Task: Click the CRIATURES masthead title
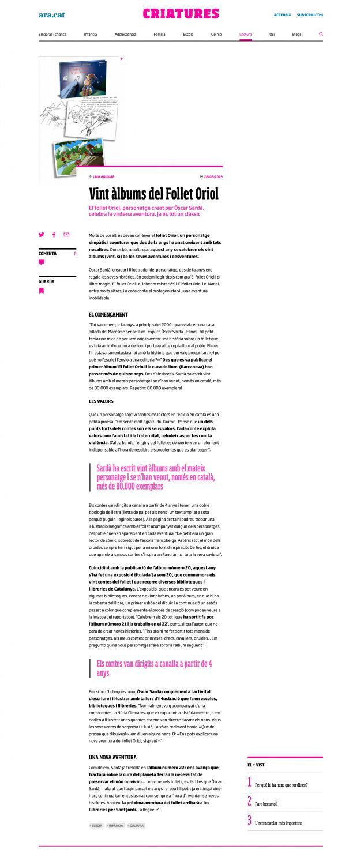click(x=181, y=14)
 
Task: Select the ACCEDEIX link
click(x=282, y=15)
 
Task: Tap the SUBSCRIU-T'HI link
click(x=310, y=15)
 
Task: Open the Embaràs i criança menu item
click(x=52, y=35)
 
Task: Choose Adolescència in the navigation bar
click(x=125, y=35)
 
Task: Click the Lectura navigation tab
click(x=245, y=35)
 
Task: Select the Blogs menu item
click(x=297, y=35)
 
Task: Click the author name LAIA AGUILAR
click(x=103, y=176)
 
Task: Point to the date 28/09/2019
click(x=213, y=176)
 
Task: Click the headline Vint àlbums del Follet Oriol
click(x=153, y=193)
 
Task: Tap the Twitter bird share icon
click(x=42, y=235)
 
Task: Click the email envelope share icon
click(x=66, y=235)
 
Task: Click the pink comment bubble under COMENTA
click(x=42, y=262)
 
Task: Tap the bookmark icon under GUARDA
click(x=42, y=291)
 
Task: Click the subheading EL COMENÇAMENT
click(x=108, y=314)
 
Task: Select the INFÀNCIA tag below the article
click(x=115, y=826)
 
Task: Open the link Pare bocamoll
click(x=266, y=804)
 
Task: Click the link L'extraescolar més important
click(x=278, y=823)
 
